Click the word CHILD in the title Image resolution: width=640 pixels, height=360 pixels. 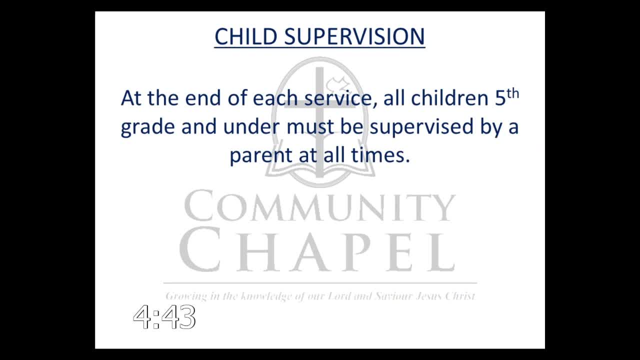point(245,36)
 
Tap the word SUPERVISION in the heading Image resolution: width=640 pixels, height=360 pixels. point(354,36)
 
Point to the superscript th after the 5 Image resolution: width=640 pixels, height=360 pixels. point(513,94)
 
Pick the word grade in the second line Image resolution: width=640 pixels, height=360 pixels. point(147,127)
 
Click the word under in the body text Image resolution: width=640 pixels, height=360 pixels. point(251,126)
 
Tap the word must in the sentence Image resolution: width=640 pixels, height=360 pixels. point(310,127)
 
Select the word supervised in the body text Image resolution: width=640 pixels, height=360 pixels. point(421,127)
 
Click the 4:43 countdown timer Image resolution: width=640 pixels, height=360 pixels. point(164,317)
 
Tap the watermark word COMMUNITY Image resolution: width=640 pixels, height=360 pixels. point(319,206)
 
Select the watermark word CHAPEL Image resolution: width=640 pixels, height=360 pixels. point(317,249)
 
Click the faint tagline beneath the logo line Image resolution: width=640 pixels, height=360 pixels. point(320,296)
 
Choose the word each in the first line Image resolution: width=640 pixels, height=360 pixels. point(275,98)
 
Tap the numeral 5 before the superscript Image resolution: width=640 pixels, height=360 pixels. point(500,98)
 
